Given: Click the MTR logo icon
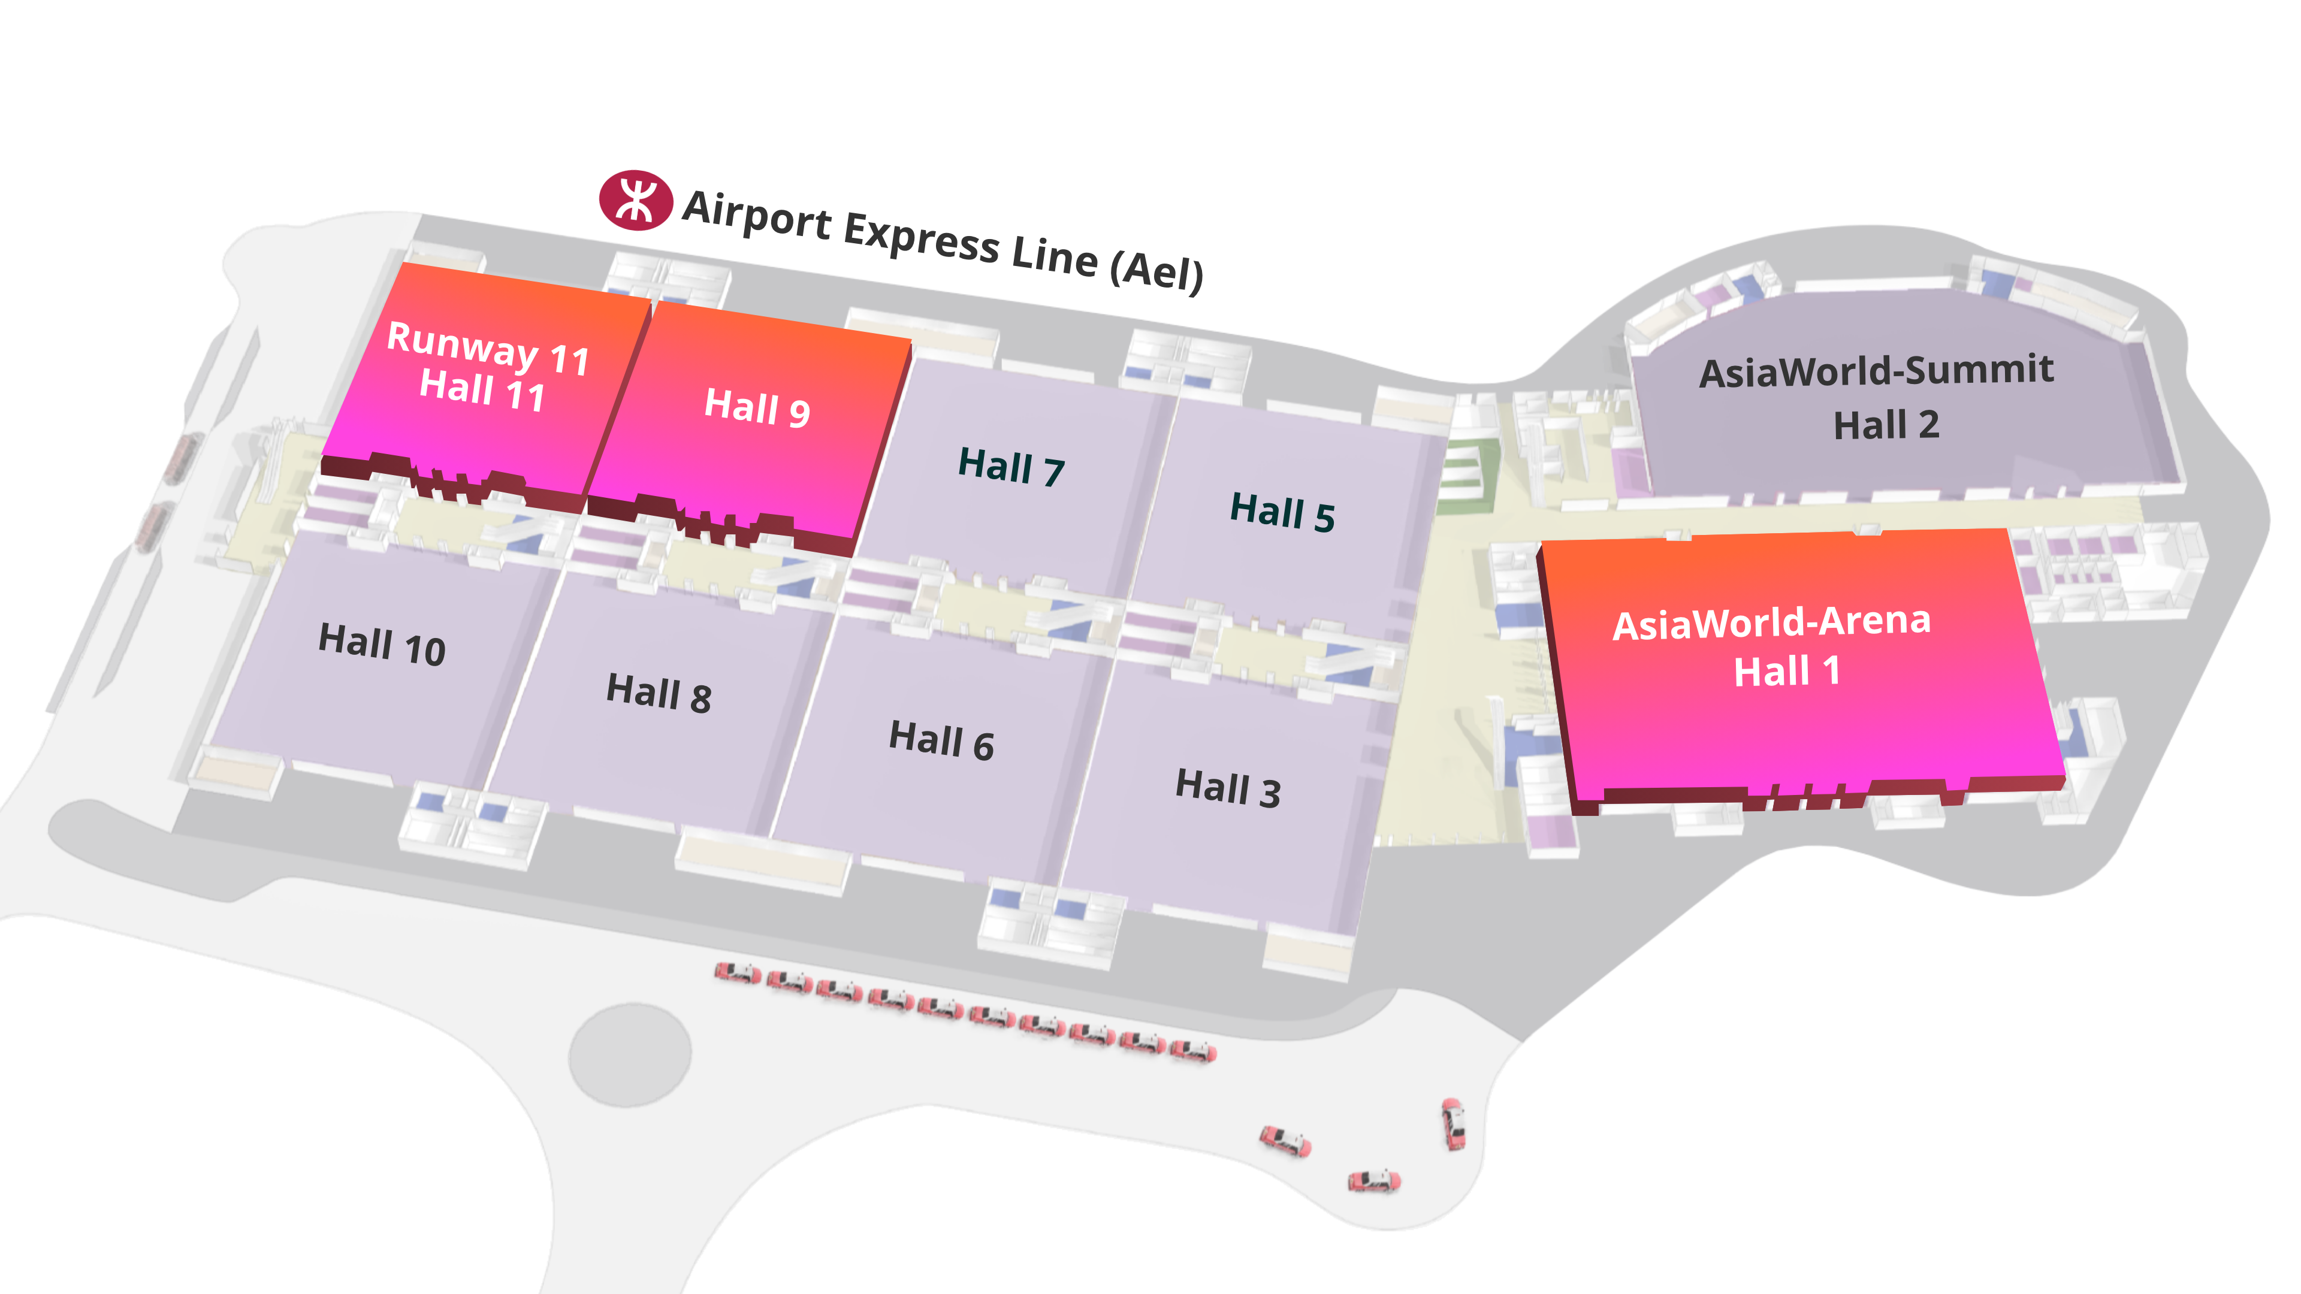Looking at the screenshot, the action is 635,200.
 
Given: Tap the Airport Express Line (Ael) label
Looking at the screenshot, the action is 943,240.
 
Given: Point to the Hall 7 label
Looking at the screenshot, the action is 1011,467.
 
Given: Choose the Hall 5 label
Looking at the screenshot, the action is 1283,512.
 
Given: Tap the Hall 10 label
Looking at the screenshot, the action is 382,644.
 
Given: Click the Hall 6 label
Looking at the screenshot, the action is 941,740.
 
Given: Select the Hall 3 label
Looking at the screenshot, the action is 1228,788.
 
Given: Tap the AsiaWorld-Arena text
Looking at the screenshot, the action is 1772,622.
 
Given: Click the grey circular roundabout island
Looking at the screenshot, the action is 630,1054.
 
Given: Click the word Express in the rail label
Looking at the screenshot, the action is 921,236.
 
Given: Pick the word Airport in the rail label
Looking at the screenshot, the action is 757,214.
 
